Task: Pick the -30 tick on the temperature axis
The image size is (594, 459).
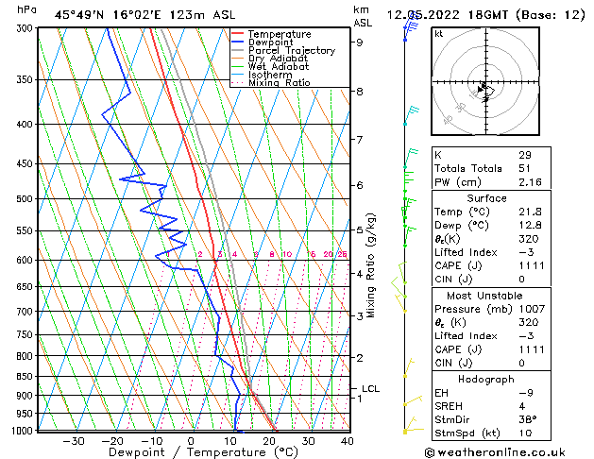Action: [x=73, y=440]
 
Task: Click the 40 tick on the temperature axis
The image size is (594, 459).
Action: [x=348, y=440]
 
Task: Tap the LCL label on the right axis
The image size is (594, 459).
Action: [x=370, y=388]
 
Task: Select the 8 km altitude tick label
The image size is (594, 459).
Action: [x=360, y=92]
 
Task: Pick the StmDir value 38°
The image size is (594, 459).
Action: [x=527, y=420]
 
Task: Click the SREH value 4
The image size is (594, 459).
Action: [x=521, y=406]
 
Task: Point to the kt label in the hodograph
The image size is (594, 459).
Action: [x=439, y=33]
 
